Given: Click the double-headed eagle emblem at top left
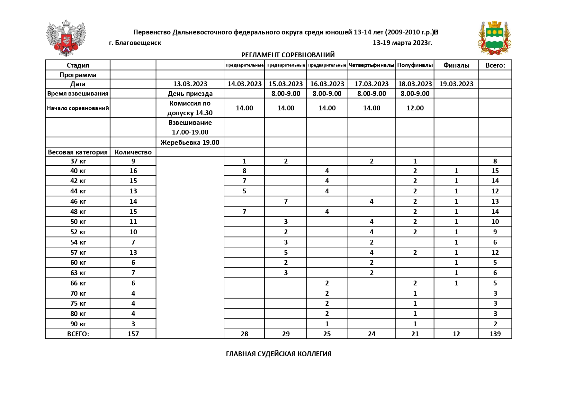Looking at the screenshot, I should click(66, 38).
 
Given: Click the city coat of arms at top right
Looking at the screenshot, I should click(494, 38).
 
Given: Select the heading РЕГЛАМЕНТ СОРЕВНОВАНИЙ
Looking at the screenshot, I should click(288, 55).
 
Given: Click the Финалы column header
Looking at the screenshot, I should click(456, 65).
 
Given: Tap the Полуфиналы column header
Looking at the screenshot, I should click(415, 65).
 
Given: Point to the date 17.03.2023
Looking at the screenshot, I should click(372, 84).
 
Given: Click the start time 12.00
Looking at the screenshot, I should click(415, 108).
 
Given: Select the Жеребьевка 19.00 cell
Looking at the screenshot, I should click(190, 143).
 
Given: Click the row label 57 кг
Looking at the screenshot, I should click(78, 253).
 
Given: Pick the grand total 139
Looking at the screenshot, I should click(495, 334).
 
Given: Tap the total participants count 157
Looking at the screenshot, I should click(133, 334).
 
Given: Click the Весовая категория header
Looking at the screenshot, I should click(78, 152).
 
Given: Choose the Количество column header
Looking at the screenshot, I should click(133, 152).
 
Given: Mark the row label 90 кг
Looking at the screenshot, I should click(78, 324).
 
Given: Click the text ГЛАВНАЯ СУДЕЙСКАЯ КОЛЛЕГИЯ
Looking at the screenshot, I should click(279, 354).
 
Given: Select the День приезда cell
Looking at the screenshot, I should click(190, 94).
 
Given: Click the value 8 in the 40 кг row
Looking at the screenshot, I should click(244, 171).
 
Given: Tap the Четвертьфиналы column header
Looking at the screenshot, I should click(371, 65).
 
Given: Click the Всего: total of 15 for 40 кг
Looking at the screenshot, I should click(495, 171).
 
